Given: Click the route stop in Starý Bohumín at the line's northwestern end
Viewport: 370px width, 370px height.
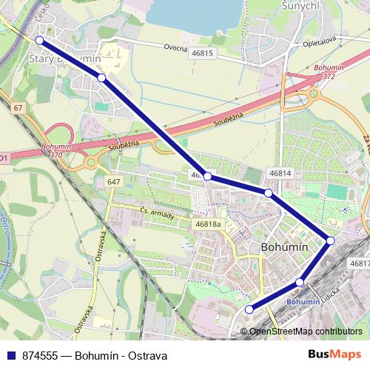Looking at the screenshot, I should pos(40,41).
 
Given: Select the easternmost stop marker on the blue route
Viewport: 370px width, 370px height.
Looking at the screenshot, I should pos(330,240).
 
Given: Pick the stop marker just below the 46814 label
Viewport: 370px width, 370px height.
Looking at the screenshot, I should pos(269,193).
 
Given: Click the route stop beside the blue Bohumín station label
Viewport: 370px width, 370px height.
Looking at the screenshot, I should pos(300,282).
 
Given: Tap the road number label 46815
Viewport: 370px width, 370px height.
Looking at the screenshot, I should pos(202,53).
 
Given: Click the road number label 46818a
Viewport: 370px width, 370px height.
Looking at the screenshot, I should pos(208,224).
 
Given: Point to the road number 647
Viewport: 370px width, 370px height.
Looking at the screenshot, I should pos(113,182).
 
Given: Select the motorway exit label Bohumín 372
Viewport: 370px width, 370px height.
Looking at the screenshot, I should pos(324,72).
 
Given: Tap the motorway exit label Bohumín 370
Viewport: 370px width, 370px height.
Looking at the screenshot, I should pos(57,152).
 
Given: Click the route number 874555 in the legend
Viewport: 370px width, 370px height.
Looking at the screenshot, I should pos(41,355).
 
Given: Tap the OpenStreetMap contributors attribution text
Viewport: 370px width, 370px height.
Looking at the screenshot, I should pos(306,332).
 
